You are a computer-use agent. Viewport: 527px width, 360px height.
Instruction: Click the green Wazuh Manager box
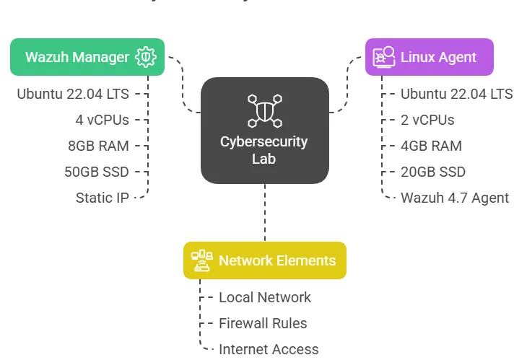point(87,57)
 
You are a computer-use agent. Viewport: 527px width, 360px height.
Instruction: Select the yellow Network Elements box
point(264,260)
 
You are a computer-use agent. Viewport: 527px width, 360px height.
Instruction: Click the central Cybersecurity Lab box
point(264,130)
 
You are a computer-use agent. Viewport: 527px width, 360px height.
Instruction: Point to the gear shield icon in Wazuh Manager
point(146,57)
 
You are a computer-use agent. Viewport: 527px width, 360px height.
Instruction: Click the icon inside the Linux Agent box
point(383,57)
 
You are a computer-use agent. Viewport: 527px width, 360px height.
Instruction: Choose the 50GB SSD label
point(96,172)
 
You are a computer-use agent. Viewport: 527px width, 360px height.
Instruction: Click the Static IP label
point(102,198)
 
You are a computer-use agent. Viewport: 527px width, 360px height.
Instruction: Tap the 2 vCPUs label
point(427,120)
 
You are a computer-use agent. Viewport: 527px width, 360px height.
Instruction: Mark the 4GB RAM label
point(431,146)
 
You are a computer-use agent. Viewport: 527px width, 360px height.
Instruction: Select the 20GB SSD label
point(433,172)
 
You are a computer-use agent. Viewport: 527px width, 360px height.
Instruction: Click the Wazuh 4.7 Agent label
point(455,198)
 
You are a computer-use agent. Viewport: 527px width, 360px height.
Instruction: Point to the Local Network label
point(265,297)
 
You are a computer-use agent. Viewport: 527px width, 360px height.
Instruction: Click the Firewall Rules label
point(263,323)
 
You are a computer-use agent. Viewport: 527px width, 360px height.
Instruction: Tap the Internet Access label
point(269,349)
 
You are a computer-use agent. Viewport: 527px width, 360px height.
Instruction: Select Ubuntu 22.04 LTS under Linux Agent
point(456,94)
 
